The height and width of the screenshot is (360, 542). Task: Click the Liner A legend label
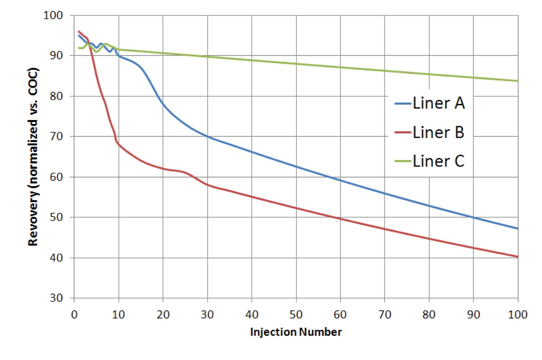click(x=438, y=103)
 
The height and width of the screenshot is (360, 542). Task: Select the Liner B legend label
click(x=438, y=132)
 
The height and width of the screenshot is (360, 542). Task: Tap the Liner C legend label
click(x=438, y=161)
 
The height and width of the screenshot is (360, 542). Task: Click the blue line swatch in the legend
click(x=403, y=104)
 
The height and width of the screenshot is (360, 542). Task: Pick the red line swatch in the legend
click(x=403, y=133)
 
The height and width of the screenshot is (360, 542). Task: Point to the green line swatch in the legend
click(x=403, y=162)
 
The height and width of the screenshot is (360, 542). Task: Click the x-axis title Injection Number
click(x=296, y=332)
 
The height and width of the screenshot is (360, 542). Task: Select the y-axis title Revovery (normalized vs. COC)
click(x=33, y=157)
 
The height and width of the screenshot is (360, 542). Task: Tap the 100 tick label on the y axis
click(x=53, y=15)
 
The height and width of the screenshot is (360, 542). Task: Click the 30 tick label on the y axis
click(x=56, y=298)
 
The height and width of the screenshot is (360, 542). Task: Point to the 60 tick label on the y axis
click(x=56, y=177)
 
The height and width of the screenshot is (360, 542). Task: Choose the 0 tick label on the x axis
click(x=74, y=315)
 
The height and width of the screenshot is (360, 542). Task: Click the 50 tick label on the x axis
click(x=296, y=315)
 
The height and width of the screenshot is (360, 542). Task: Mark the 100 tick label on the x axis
click(x=517, y=315)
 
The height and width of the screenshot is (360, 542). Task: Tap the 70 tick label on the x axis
click(x=385, y=315)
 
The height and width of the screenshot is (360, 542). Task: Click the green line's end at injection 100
click(x=518, y=81)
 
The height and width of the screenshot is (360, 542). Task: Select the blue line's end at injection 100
click(x=518, y=228)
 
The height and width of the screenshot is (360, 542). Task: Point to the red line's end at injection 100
click(x=518, y=257)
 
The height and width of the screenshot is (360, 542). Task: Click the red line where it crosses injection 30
click(x=207, y=185)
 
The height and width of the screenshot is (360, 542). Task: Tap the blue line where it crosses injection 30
click(x=207, y=136)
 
